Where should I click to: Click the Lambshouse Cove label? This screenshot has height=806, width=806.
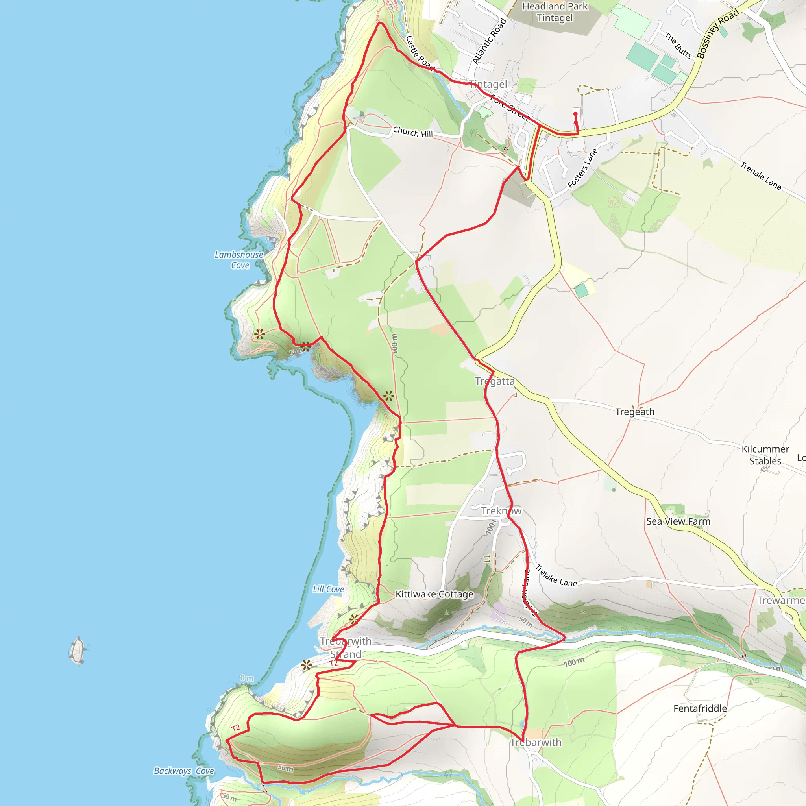[239, 260]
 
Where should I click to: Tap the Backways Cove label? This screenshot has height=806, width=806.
[184, 771]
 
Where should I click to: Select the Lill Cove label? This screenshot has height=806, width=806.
[328, 589]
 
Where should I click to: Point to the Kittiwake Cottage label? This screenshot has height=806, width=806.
[434, 594]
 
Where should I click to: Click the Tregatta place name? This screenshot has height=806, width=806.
[495, 381]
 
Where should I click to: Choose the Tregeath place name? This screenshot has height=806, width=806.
[634, 412]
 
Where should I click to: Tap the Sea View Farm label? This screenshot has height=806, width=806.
[678, 521]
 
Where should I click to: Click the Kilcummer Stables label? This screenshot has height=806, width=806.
[765, 455]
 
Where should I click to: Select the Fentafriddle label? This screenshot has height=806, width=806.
[700, 708]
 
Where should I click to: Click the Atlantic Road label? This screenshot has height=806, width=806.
[489, 41]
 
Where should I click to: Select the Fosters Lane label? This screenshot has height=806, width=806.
[582, 168]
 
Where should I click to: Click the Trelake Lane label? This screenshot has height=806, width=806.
[556, 576]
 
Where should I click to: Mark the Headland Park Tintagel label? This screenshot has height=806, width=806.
[555, 12]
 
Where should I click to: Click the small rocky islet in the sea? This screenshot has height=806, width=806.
[78, 650]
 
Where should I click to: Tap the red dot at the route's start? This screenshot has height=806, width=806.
[575, 114]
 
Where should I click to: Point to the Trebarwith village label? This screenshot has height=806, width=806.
[536, 742]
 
